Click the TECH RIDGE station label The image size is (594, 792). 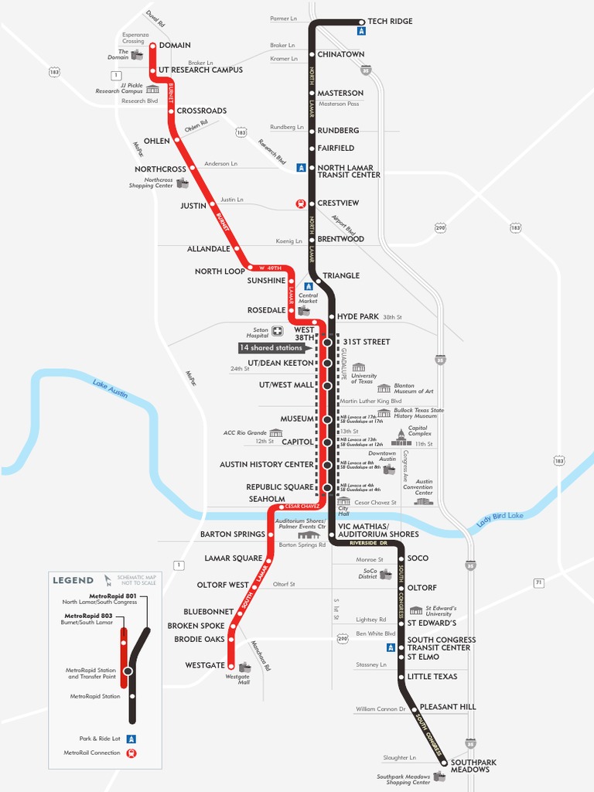(x=390, y=21)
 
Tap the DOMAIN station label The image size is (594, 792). (x=175, y=46)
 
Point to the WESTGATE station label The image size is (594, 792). (x=205, y=665)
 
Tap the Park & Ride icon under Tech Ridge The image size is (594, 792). (x=361, y=32)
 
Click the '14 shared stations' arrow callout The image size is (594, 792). (x=271, y=348)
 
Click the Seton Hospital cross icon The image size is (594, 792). (x=277, y=331)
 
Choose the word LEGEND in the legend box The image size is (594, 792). (x=73, y=580)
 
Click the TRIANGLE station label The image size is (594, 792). (x=341, y=275)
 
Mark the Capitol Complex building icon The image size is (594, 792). (x=400, y=436)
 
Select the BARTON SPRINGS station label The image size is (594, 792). (x=232, y=534)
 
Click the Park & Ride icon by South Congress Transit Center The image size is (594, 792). (x=391, y=647)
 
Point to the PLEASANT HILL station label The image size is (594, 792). (x=448, y=707)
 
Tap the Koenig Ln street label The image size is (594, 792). (x=289, y=241)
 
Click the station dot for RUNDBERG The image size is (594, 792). (x=312, y=131)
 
